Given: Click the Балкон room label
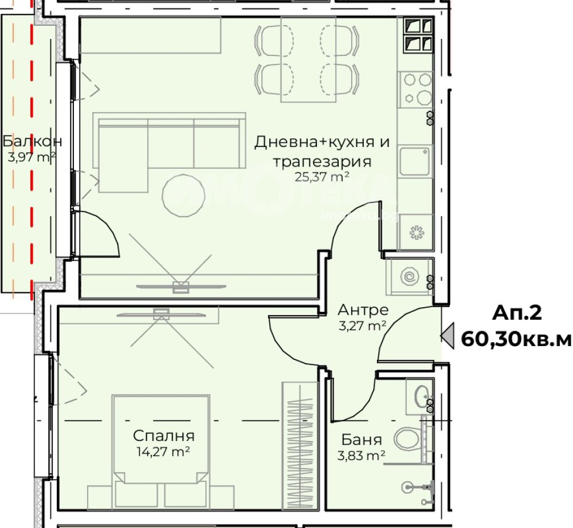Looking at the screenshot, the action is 32,141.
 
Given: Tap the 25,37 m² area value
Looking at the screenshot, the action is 322,177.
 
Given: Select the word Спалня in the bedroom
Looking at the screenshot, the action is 164,436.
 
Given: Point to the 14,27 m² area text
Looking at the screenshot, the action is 163,452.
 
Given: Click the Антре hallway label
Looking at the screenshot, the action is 363,310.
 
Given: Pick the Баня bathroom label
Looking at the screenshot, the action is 362,440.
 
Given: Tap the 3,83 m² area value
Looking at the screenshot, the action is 361,456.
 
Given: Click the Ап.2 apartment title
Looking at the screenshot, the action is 517,313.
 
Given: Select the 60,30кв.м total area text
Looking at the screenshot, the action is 516,339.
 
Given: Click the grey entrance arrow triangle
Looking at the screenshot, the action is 449,336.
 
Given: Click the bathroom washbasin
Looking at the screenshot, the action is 422,395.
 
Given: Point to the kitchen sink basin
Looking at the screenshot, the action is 414,161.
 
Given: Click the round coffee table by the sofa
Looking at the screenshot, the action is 183,196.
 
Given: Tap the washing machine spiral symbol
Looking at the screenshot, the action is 409,276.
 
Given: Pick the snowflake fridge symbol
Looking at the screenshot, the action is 416,232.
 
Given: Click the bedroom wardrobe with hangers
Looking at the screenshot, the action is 300,445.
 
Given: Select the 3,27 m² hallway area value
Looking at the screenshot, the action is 363,325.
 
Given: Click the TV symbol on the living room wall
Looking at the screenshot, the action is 181,287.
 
